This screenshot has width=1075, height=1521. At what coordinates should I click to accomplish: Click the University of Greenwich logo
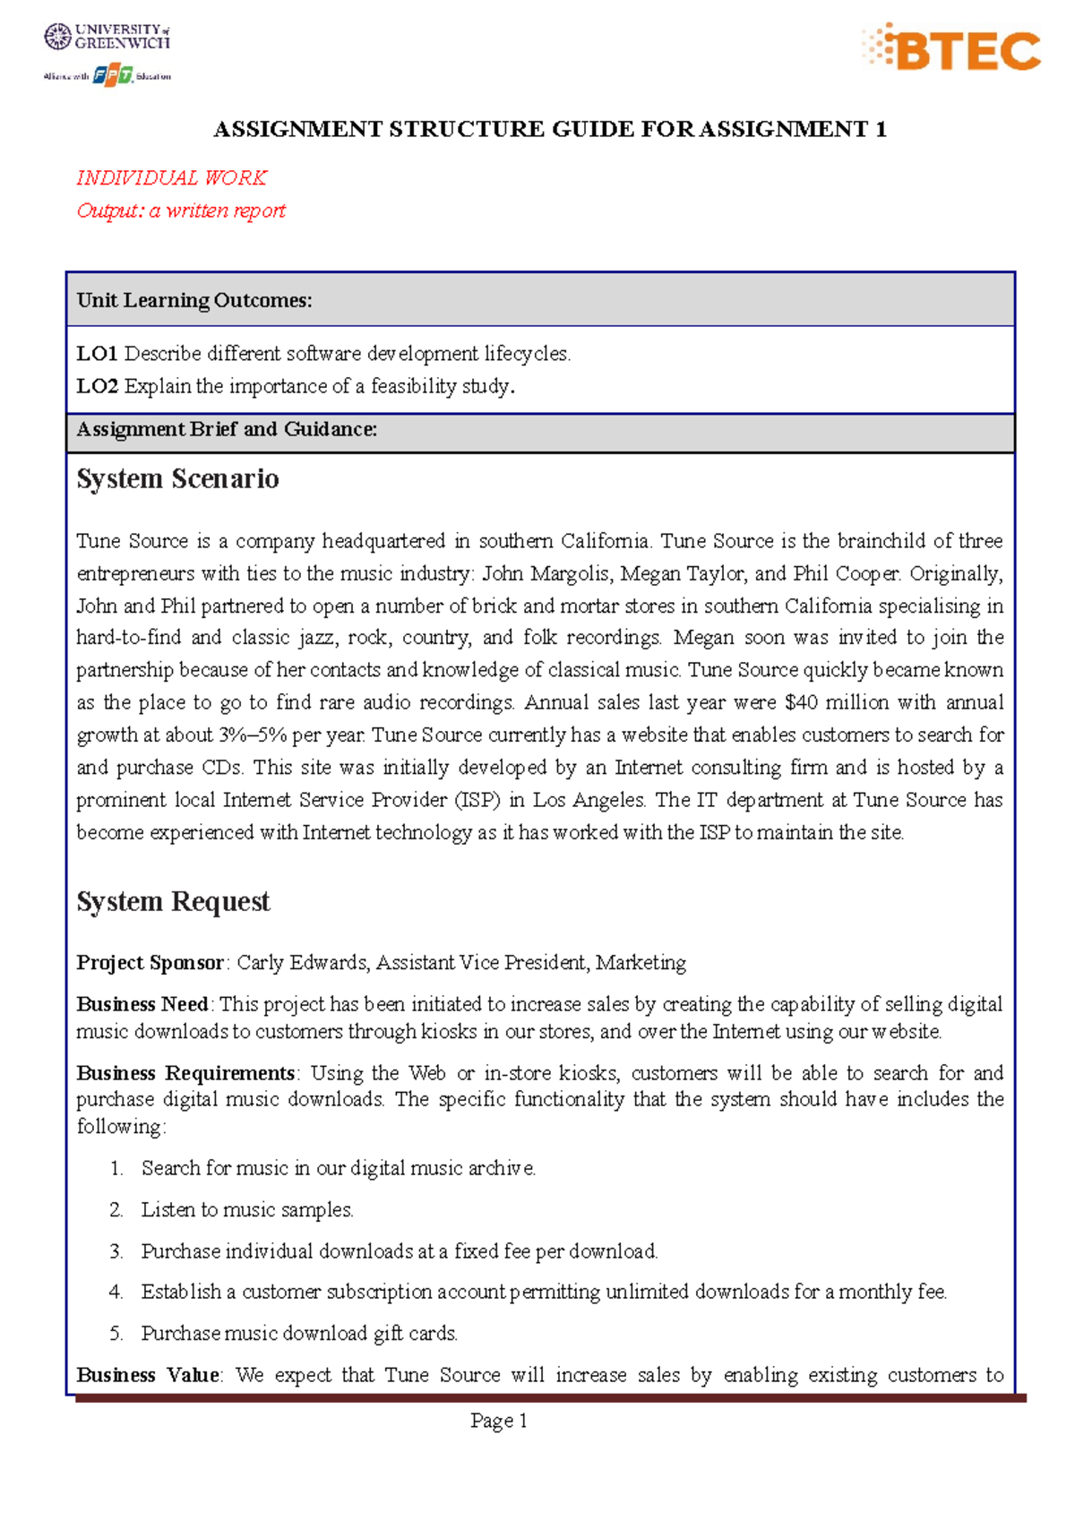click(107, 37)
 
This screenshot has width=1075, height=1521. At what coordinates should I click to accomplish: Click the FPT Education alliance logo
click(107, 76)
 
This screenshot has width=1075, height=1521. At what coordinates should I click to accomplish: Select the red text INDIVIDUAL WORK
click(171, 177)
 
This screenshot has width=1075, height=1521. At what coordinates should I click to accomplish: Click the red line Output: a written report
click(180, 211)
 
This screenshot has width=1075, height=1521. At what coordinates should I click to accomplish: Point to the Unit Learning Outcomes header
click(194, 300)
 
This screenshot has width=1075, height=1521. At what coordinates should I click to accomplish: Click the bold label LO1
click(97, 354)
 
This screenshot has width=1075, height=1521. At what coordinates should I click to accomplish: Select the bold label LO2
click(97, 386)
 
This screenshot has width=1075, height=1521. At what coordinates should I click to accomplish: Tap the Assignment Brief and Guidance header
click(227, 429)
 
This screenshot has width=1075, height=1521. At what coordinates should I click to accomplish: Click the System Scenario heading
click(177, 479)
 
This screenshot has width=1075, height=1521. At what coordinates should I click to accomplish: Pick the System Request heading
click(173, 901)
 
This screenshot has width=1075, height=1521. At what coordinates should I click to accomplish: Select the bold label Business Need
click(142, 1004)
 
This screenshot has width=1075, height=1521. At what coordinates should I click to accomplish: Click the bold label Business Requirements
click(185, 1073)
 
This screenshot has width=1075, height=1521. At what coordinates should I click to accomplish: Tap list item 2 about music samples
click(246, 1210)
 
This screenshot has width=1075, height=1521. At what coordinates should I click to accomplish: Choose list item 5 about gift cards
click(298, 1334)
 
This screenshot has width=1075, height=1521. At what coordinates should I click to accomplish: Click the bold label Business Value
click(148, 1375)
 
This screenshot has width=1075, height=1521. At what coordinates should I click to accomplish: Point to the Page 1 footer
click(499, 1421)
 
